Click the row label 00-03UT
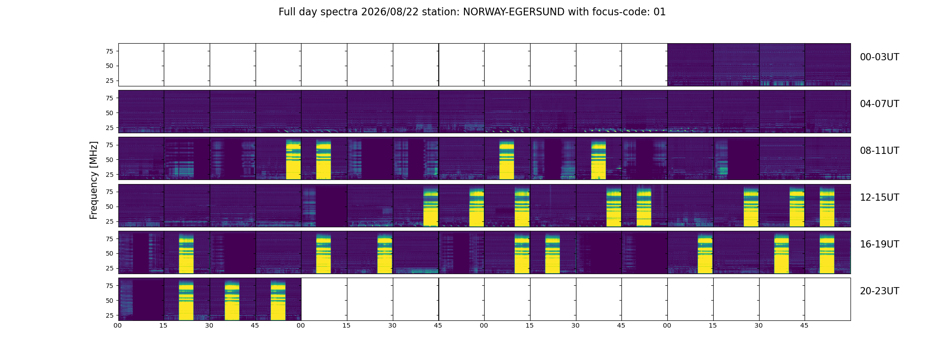point(879,57)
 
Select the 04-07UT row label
point(879,104)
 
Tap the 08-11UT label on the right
point(879,151)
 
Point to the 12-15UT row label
point(879,198)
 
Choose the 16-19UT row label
point(879,244)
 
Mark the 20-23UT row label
point(879,291)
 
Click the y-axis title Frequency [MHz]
point(94,180)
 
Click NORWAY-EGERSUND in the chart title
point(513,12)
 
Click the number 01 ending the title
point(660,12)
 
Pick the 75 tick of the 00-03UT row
point(109,51)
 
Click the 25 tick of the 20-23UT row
point(109,315)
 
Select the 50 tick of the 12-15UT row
point(109,207)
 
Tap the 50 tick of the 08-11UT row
point(109,160)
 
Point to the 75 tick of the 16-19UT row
point(109,239)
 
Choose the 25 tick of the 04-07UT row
point(109,128)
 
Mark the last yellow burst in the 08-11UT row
point(598,160)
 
